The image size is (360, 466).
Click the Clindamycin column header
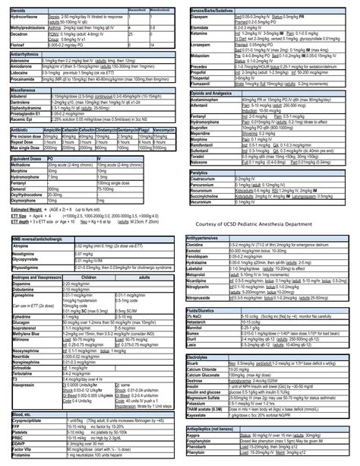[x=109, y=130]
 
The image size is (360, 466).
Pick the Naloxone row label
[x=200, y=161]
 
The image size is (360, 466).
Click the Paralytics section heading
[x=199, y=173]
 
